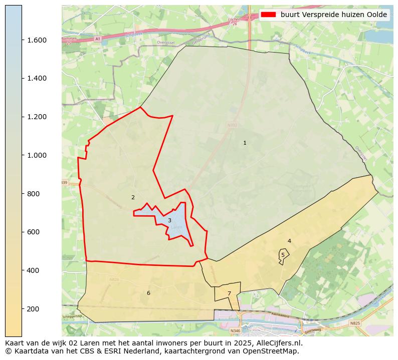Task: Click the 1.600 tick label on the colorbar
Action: (37, 40)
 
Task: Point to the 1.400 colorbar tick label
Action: (37, 79)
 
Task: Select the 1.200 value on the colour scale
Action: (37, 117)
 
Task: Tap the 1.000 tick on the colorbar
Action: (37, 155)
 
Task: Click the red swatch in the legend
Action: (269, 15)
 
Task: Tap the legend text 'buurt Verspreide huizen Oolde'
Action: (334, 15)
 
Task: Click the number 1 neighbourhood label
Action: (245, 143)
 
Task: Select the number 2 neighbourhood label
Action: (133, 198)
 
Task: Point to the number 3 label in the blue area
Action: (169, 221)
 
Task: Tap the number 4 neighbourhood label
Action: (289, 241)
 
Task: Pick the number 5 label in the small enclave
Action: (283, 255)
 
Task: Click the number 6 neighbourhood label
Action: (148, 293)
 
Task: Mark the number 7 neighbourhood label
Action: (229, 294)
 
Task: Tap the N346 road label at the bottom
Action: (235, 331)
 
